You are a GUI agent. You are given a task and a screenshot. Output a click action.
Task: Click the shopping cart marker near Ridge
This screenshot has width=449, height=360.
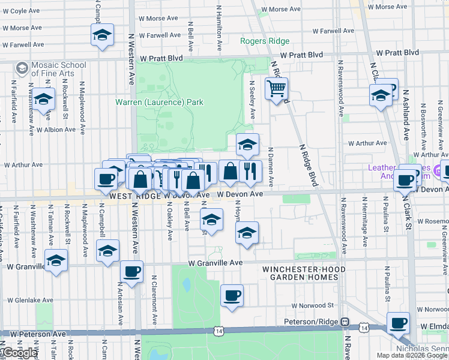point(276,89)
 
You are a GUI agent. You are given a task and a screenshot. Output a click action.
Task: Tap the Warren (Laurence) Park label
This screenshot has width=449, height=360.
point(159,102)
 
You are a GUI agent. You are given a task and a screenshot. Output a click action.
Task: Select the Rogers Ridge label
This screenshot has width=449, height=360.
point(265,41)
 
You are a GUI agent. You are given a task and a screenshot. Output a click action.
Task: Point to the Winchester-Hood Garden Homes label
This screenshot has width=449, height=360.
point(304,274)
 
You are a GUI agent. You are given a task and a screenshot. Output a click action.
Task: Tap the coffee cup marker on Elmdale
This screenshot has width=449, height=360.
point(398,323)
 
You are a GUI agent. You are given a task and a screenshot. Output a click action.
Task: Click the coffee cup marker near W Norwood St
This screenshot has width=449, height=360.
point(232,296)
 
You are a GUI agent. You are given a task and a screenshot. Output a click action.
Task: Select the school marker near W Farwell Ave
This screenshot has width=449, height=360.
point(102,35)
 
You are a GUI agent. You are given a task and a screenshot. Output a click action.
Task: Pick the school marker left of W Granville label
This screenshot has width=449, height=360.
point(56,261)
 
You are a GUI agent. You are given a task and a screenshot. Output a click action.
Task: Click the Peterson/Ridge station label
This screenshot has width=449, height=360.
point(312,322)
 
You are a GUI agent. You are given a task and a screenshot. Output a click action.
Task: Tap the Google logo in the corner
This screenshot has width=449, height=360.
point(19,353)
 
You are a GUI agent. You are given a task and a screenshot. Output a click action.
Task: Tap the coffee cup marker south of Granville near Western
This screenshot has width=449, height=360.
point(132,272)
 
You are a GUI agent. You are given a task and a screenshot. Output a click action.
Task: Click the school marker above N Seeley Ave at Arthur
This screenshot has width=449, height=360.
point(247,145)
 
